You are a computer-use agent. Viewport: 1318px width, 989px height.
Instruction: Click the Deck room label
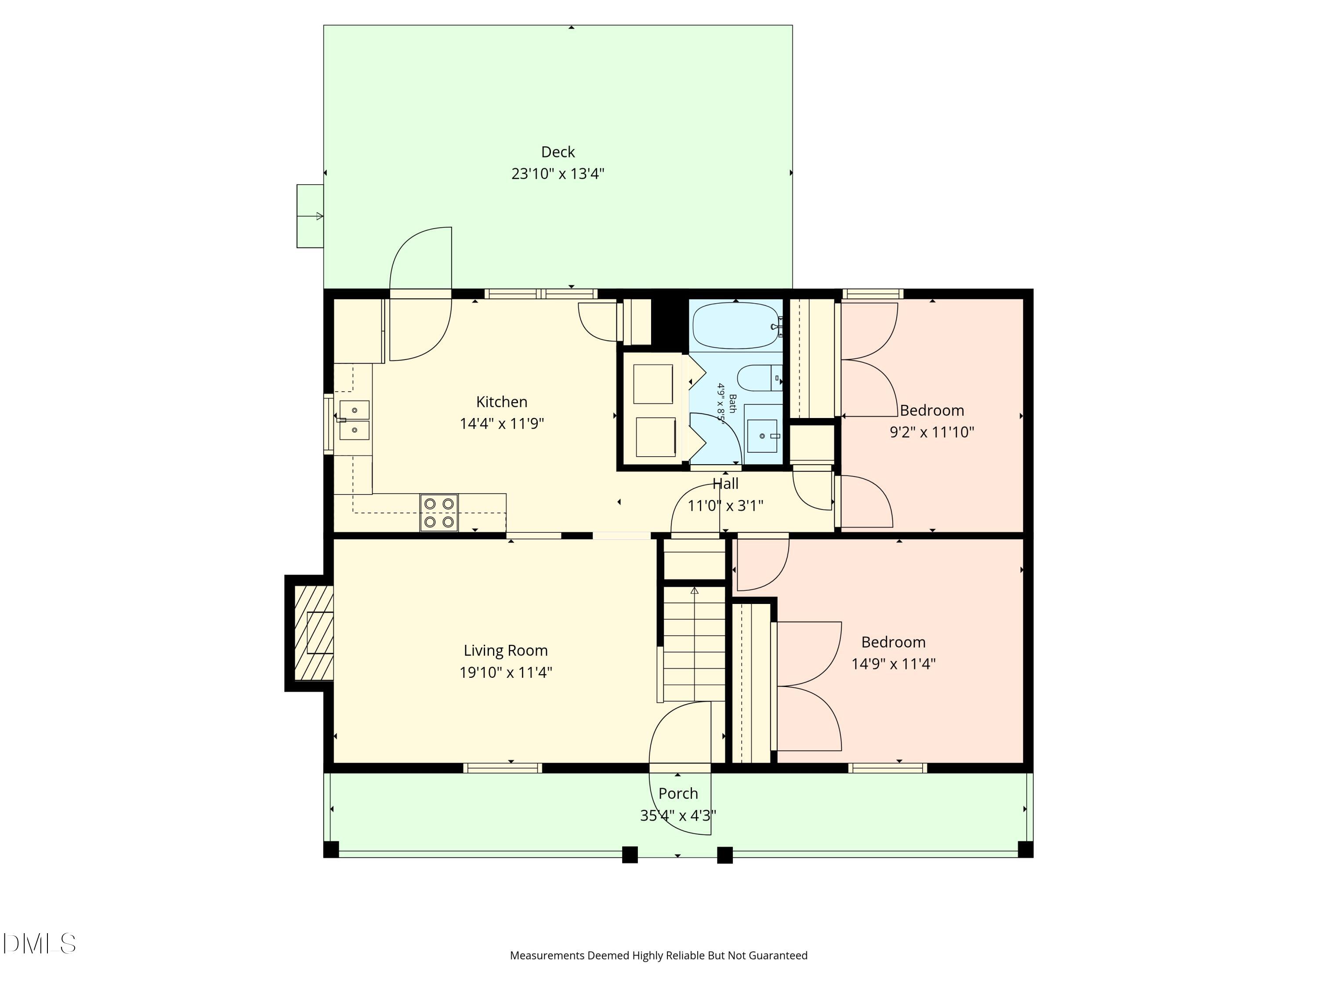click(558, 152)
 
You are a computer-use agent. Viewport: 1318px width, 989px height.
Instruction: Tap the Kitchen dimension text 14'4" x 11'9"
click(501, 424)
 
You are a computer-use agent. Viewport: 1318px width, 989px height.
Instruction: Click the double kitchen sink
click(354, 420)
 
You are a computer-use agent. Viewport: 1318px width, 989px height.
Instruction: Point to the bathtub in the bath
click(736, 326)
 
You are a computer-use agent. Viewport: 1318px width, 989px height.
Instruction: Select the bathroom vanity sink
click(763, 435)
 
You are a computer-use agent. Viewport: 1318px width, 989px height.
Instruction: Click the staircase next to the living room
click(694, 644)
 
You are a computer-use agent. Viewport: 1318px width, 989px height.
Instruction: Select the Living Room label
click(505, 651)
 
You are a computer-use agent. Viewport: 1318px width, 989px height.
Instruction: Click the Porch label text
click(678, 793)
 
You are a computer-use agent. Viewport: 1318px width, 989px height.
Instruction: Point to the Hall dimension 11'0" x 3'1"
click(725, 506)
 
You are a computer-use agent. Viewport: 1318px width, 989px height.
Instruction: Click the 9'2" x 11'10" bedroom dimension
click(931, 432)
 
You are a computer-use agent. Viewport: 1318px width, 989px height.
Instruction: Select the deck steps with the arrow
click(310, 216)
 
